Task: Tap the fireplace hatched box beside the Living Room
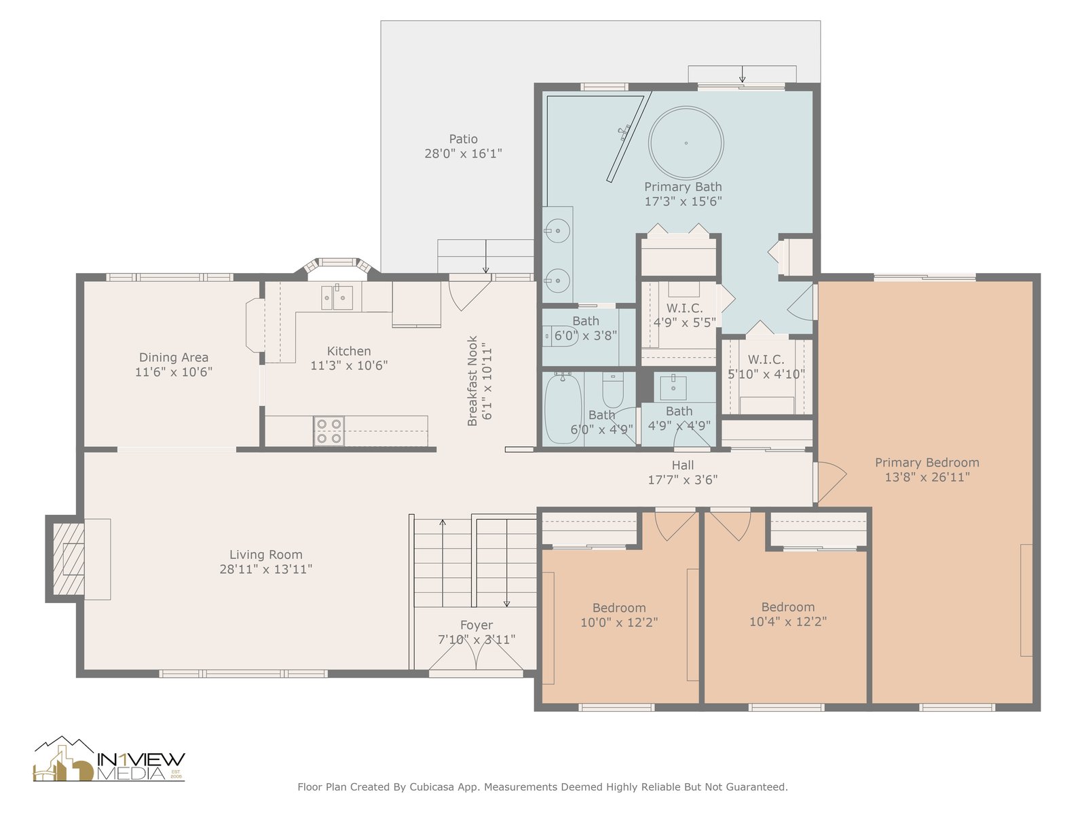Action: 69,559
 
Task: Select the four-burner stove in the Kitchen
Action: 329,431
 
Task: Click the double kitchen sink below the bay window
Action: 337,298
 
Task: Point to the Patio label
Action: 463,139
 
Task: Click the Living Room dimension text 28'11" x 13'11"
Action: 265,569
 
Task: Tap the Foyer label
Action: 476,625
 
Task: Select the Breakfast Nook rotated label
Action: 472,380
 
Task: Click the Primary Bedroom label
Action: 927,463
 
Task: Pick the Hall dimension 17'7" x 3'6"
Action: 683,479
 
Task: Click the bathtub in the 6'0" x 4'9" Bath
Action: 563,408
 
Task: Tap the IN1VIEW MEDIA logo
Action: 109,759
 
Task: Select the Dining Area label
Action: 174,357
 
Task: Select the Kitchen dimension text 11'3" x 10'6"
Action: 349,365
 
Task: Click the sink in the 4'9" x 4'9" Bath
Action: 674,388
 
